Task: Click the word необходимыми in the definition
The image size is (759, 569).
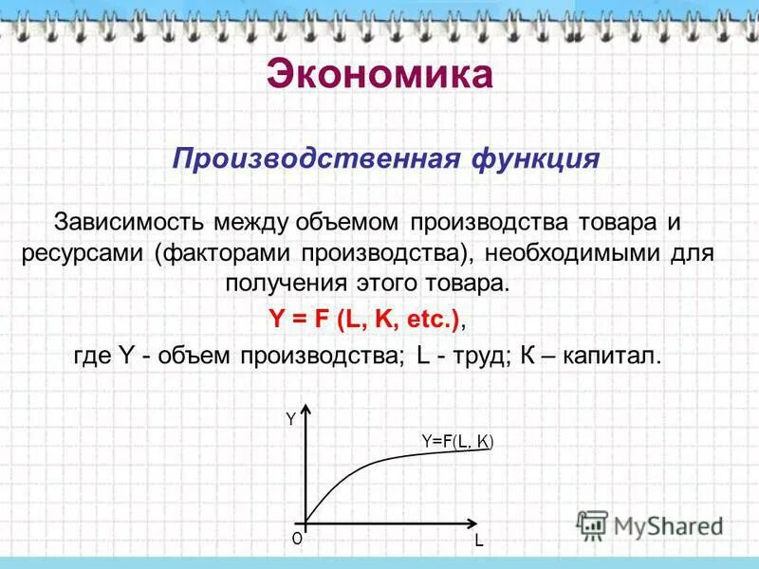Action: (x=580, y=254)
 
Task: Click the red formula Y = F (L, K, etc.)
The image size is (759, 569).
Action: (x=364, y=320)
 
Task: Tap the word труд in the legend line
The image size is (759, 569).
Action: (x=476, y=356)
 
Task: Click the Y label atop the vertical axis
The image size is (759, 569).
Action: (x=290, y=418)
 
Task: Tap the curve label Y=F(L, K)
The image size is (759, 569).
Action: (x=458, y=440)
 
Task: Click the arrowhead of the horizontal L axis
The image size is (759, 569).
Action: (x=472, y=522)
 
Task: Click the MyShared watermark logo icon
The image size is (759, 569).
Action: (x=593, y=524)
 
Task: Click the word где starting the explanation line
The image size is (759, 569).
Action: (x=92, y=356)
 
